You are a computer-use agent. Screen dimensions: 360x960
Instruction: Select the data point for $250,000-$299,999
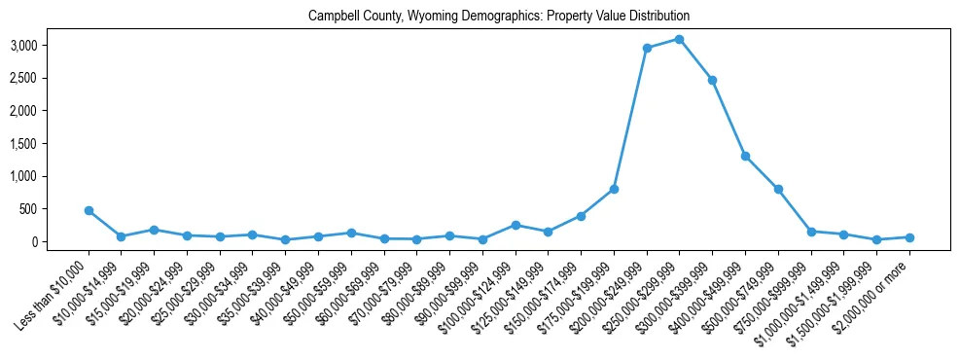click(680, 39)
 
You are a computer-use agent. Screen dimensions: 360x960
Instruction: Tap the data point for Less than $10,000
click(89, 210)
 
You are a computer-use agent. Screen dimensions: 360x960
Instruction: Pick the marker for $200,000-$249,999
click(647, 48)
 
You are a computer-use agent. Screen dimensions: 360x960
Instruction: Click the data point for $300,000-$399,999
click(712, 80)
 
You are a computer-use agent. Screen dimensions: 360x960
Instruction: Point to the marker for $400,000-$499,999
click(745, 156)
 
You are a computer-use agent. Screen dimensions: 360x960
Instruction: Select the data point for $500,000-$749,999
click(778, 189)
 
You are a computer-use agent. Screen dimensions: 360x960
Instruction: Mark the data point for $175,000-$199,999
click(614, 189)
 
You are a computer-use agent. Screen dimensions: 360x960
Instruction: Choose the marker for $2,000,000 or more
click(909, 237)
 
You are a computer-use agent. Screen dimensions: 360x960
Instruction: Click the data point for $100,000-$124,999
click(516, 225)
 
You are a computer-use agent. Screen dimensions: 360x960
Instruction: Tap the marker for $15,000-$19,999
click(154, 230)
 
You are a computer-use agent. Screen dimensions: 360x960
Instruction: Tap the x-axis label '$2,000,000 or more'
click(883, 286)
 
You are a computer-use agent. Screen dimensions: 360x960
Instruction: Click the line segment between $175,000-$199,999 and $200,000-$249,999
click(630, 118)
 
